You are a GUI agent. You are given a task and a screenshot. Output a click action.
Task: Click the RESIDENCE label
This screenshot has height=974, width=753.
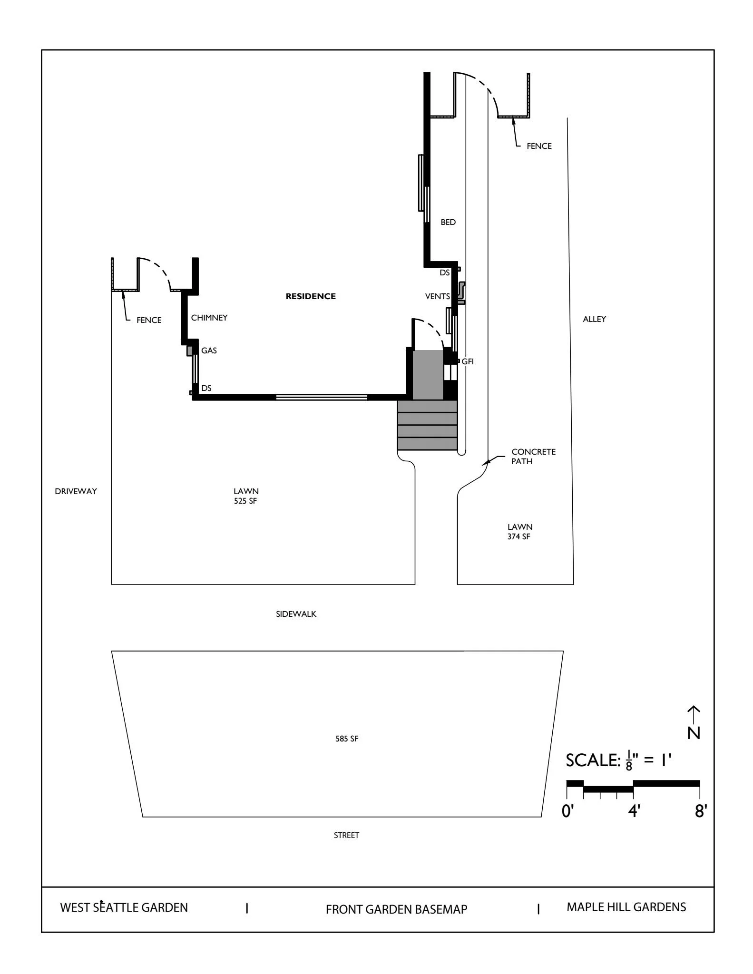tap(310, 296)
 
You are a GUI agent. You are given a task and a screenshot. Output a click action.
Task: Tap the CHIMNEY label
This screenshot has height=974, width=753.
tap(209, 318)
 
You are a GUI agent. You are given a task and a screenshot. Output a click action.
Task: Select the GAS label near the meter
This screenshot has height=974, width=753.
tap(209, 351)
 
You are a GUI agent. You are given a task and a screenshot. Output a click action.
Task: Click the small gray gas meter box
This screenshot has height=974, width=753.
tap(189, 351)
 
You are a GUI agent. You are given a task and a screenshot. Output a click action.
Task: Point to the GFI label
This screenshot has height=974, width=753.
tap(468, 361)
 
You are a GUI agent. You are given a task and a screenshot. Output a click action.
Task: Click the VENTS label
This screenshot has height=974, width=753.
tap(437, 296)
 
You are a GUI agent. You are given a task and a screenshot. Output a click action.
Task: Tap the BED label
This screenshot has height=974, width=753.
tap(448, 222)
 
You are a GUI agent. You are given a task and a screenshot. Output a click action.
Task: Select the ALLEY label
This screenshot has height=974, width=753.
tap(594, 319)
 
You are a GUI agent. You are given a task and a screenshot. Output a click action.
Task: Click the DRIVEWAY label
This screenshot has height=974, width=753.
tap(76, 491)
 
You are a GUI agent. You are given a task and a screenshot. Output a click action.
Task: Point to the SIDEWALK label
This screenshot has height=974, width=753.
tap(296, 614)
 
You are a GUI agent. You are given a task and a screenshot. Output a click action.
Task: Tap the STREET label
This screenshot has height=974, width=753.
tap(346, 835)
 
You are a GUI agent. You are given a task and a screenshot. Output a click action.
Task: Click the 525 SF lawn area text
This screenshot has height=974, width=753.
tap(245, 501)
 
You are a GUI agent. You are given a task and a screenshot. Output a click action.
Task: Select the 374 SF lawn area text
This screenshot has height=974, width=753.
tap(519, 536)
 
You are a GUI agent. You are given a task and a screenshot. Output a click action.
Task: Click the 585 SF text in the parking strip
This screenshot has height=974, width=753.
tap(347, 739)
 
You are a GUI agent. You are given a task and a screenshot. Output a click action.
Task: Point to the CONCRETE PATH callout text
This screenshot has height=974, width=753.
tap(533, 457)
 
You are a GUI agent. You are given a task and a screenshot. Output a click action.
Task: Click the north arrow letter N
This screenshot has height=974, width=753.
tap(694, 733)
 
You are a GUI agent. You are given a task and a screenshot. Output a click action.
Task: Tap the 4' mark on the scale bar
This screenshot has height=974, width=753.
tap(634, 811)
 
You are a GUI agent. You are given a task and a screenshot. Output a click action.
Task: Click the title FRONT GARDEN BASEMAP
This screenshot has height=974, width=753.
tap(396, 909)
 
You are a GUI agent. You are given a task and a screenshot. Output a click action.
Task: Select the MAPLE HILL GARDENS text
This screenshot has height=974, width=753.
tap(626, 907)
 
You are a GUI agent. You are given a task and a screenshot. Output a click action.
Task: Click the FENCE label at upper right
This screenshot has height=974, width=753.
tap(539, 146)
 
